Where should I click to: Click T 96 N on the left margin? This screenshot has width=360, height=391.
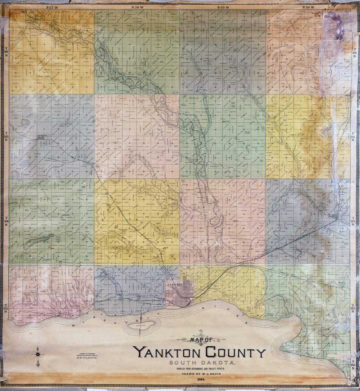point(6,52)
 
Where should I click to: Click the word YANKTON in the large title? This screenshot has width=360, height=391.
point(168,352)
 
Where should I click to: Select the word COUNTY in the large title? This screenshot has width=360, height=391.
point(236,352)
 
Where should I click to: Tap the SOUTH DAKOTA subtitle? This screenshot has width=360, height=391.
point(202,363)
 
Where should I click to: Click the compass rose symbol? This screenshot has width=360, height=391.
point(38,354)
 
